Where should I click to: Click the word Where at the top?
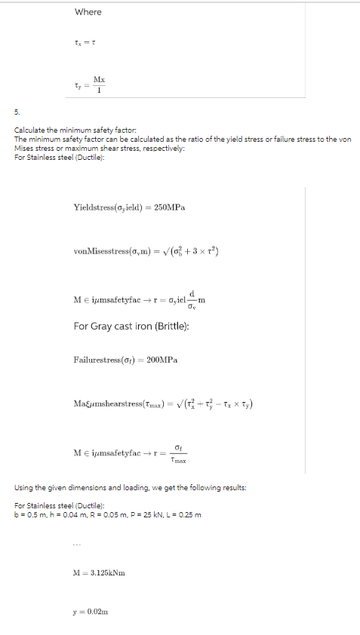point(88,12)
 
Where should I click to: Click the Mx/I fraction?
point(99,84)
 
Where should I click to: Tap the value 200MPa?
point(162,360)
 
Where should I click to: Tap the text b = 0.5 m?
point(28,515)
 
